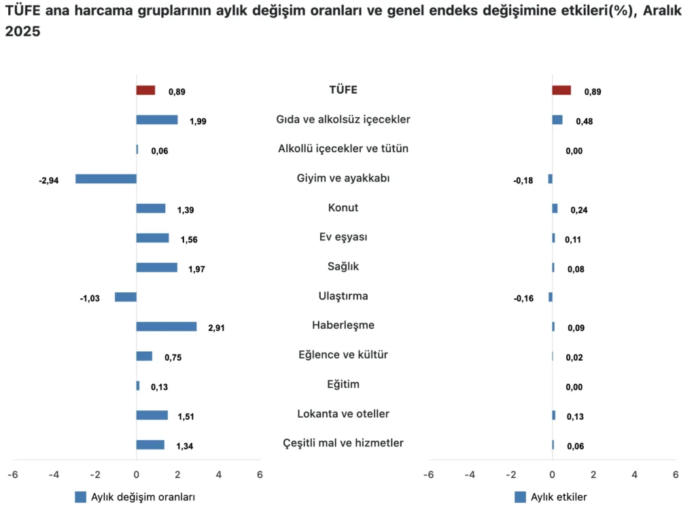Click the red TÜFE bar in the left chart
pos(145,90)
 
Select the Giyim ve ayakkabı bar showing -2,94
pos(106,179)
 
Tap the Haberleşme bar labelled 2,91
pos(167,327)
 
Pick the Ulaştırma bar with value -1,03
pos(126,297)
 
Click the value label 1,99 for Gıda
pos(198,122)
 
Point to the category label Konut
pos(343,208)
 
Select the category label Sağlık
pos(343,266)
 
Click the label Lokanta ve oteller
pos(343,414)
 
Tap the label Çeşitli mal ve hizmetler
pos(343,443)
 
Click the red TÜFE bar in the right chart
pos(561,90)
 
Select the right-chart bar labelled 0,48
pos(557,120)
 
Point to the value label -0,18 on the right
pos(523,181)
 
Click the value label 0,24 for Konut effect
pos(579,210)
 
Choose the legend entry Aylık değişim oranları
pos(143,497)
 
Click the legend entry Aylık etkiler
pos(558,497)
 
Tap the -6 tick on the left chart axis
pos(13,475)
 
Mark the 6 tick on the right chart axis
pos(675,475)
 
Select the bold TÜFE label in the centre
pos(343,90)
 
